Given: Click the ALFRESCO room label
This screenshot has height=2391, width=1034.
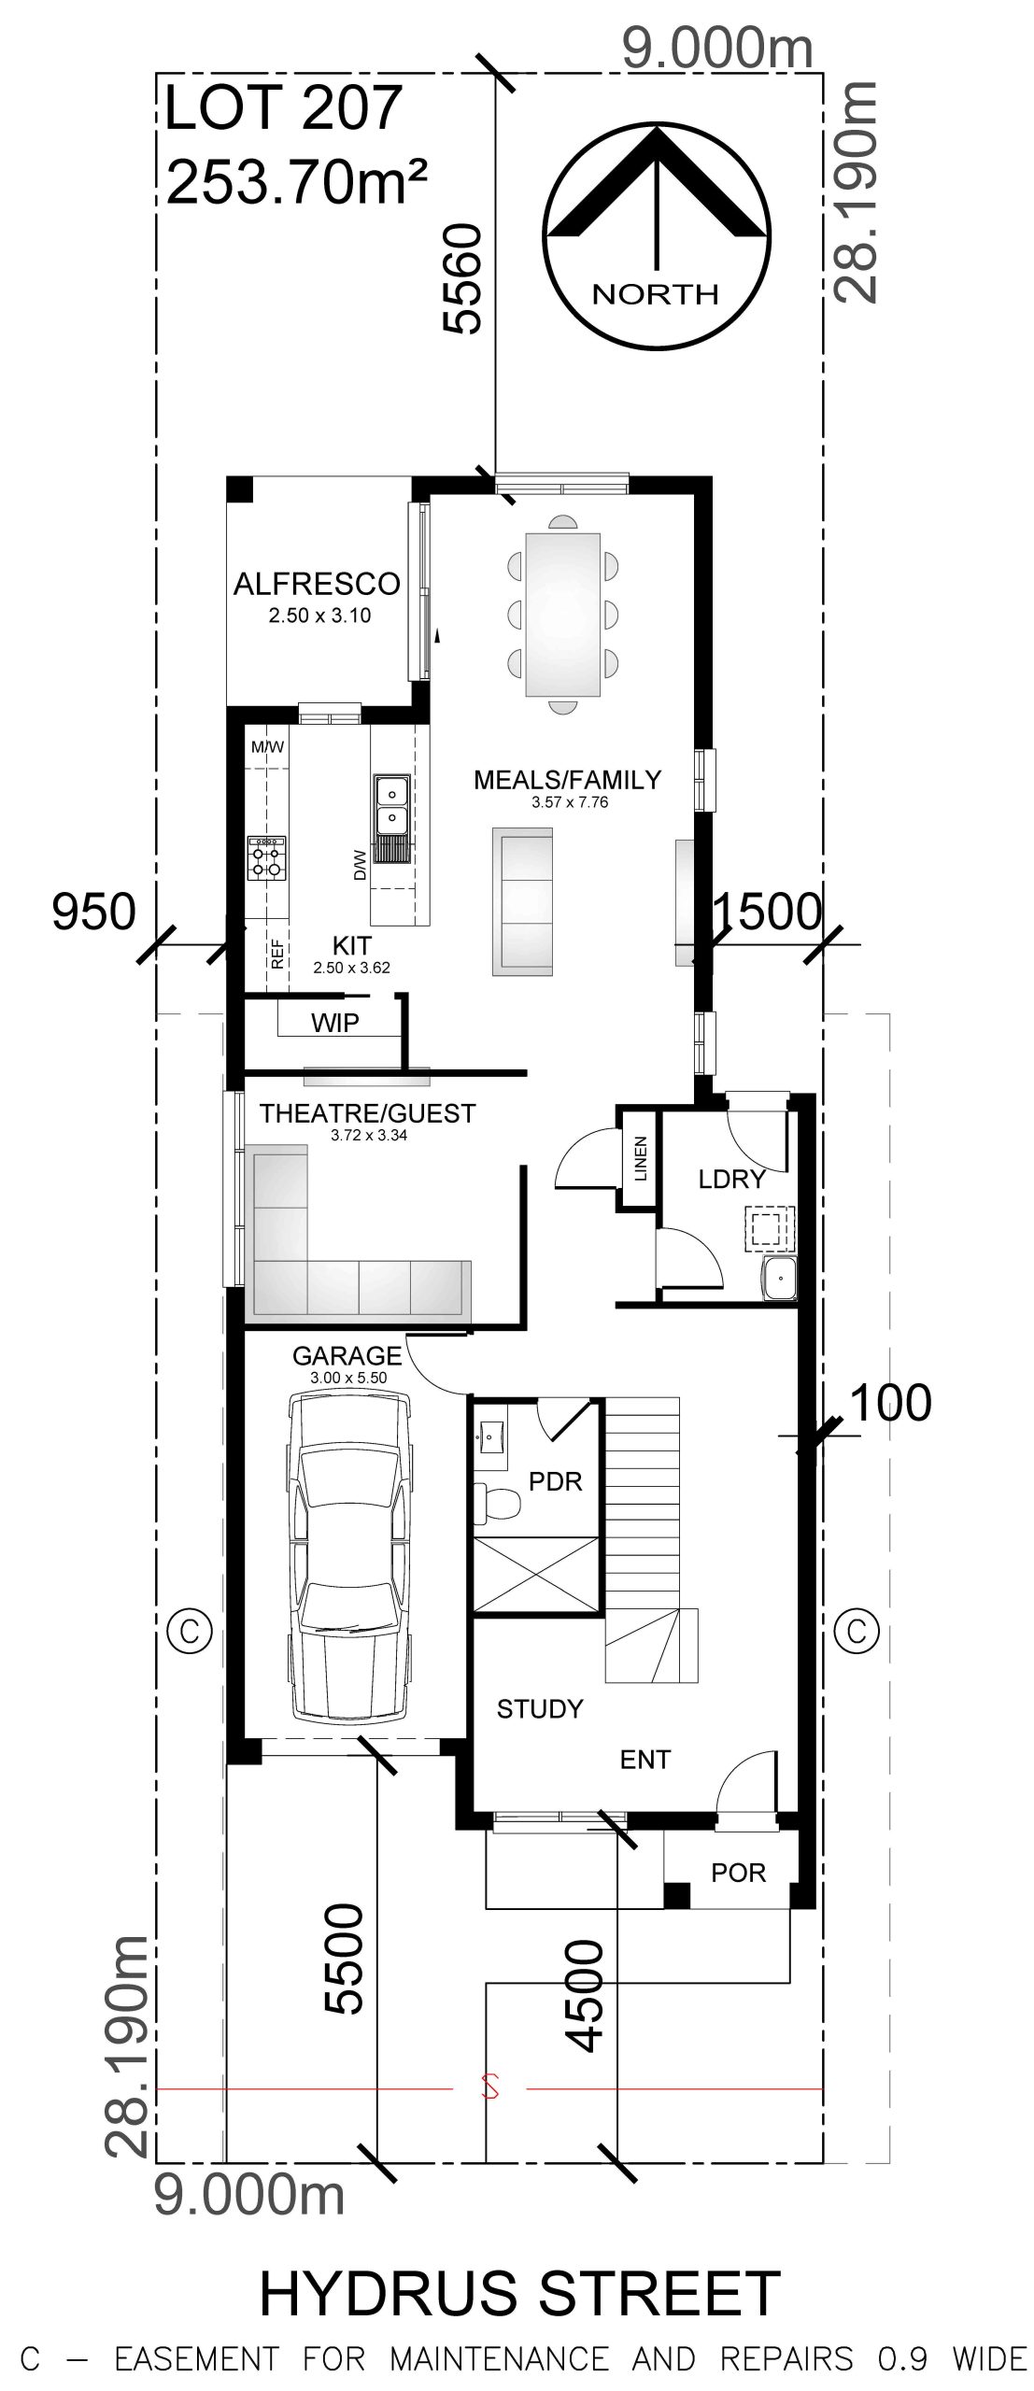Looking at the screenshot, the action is click(317, 584).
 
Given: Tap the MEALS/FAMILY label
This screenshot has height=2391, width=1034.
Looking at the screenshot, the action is click(567, 779).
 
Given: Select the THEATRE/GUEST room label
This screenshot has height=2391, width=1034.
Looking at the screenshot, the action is click(368, 1113).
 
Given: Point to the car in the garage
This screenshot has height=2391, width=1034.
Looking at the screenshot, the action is click(349, 1556).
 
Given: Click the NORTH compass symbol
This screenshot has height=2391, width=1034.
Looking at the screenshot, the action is click(659, 237).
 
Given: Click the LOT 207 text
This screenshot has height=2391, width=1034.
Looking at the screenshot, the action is click(283, 107).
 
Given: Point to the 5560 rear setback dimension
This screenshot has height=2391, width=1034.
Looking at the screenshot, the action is click(462, 277).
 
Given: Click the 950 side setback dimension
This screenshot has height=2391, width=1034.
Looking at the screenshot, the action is click(93, 912).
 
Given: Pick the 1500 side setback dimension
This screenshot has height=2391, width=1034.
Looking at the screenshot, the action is click(767, 911).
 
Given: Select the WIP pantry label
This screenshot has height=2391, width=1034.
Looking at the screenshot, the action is click(335, 1023).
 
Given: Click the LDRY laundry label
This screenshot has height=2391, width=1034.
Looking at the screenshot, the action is click(732, 1179).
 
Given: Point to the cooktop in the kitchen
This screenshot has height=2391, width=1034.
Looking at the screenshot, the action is click(267, 858).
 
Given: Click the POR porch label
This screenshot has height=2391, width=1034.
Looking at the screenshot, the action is click(738, 1873).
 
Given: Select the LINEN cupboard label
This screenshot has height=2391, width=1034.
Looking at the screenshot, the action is click(640, 1158).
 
